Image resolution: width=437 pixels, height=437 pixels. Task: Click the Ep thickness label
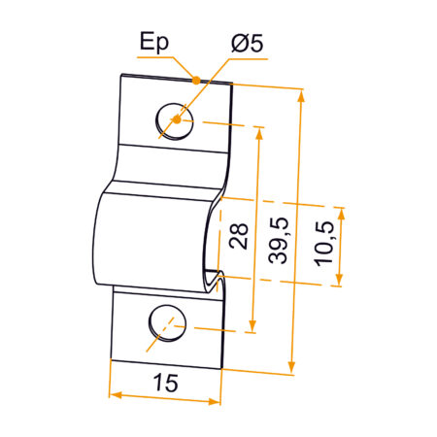153,42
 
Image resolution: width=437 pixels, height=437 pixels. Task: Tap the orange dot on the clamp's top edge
197,79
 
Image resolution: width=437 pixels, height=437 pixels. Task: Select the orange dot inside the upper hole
175,120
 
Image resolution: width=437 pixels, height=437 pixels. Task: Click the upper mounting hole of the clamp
173,119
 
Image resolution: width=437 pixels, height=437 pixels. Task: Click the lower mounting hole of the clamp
165,323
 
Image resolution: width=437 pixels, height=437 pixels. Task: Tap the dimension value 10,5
324,248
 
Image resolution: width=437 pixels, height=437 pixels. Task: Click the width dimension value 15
165,384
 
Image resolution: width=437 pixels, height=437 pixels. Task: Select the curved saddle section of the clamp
146,233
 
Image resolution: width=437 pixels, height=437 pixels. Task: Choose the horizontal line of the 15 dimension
164,397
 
